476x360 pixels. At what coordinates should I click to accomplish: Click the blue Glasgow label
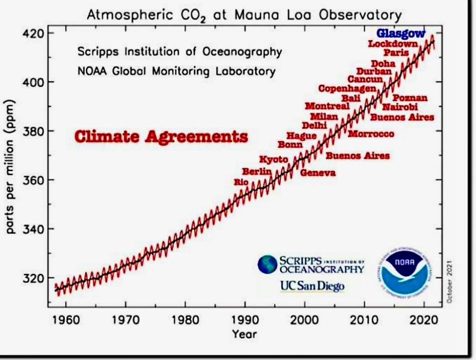(x=400, y=33)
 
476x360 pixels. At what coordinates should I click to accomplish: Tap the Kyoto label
(x=273, y=159)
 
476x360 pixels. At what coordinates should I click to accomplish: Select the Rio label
(x=241, y=182)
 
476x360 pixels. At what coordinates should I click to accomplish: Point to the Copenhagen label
(x=347, y=88)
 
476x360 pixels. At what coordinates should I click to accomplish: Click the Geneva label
(x=318, y=173)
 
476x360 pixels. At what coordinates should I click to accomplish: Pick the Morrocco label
(x=371, y=134)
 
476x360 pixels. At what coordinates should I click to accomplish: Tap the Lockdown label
(x=393, y=44)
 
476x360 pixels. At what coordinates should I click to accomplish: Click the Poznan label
(x=410, y=98)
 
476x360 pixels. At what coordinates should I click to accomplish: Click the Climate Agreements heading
(x=161, y=136)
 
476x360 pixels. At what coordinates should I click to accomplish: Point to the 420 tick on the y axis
(x=35, y=33)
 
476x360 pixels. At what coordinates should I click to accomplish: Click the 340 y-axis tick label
(x=35, y=229)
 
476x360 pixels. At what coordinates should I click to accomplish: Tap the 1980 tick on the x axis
(x=185, y=319)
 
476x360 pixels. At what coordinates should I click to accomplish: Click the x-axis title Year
(x=244, y=333)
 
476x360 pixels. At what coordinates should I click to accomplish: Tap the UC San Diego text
(x=312, y=285)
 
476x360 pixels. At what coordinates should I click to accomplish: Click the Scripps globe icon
(x=268, y=264)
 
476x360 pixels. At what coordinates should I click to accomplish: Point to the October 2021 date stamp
(x=450, y=281)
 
